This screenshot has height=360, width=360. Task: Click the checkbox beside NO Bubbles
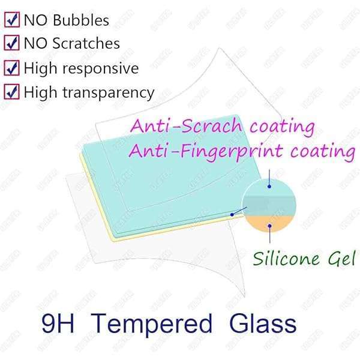click(11, 20)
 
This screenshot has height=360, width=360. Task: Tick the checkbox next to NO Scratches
click(11, 44)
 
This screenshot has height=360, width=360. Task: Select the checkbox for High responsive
click(11, 68)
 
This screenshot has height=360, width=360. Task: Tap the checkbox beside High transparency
click(11, 92)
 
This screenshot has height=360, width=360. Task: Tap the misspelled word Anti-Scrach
click(184, 127)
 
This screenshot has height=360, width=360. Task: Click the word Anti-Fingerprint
click(207, 151)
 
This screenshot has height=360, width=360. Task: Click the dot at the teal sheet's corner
click(232, 214)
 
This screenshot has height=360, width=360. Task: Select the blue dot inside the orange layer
click(270, 226)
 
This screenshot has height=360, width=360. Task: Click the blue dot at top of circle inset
click(270, 187)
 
